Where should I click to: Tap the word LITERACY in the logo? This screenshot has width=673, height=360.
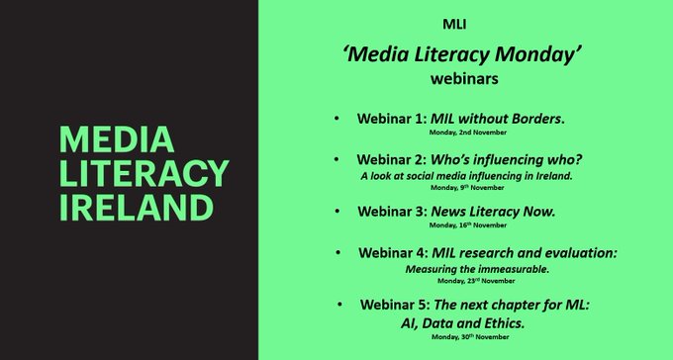coord(143,174)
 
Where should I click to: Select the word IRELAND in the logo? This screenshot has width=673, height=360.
coord(135,208)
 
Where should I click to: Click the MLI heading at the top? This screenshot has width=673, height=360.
coord(464,23)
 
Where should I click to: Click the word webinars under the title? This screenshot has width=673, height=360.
coord(463,78)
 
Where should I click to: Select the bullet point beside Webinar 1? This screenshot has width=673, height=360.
coord(336,119)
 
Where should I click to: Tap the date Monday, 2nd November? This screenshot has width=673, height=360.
coord(465,132)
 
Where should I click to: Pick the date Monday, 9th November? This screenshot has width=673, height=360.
coord(465,187)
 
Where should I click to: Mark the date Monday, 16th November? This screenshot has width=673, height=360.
coord(465,226)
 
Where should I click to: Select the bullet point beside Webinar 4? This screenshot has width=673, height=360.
coord(337,253)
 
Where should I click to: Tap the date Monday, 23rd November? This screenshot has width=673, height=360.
coord(465,281)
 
